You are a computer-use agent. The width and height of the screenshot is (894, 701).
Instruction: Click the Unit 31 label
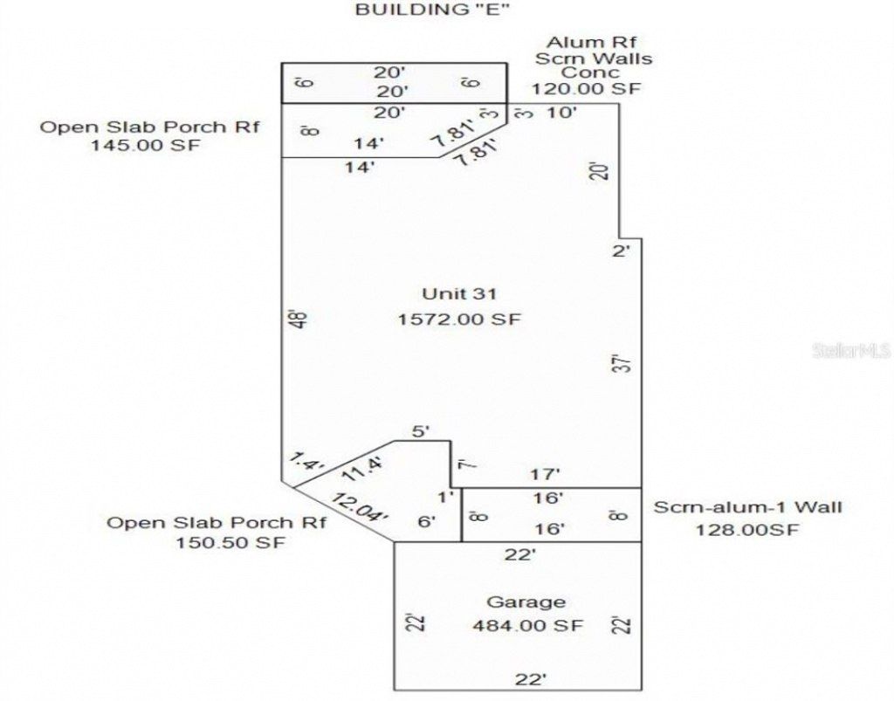458,292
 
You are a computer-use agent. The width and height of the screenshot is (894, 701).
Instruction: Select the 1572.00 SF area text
458,320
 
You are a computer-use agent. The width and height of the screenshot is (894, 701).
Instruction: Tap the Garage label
526,601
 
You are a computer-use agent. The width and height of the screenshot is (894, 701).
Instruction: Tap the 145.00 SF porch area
145,146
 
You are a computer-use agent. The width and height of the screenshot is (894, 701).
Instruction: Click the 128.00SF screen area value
747,529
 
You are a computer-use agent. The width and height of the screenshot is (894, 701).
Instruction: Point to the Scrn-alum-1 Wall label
748,506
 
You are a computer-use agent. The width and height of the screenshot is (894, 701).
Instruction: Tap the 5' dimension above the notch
423,430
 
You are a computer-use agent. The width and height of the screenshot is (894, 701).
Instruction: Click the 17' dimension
546,475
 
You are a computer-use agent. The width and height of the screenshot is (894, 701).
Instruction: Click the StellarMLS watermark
850,352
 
